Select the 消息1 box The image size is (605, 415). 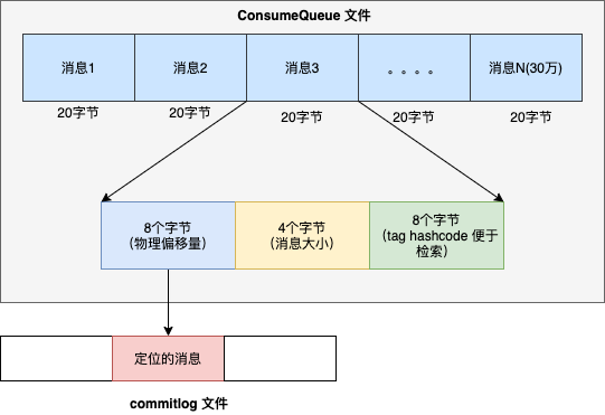[79, 68]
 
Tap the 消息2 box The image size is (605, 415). [191, 68]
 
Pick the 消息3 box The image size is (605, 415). [302, 68]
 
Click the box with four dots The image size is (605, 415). [414, 68]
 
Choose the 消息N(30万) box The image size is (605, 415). [526, 68]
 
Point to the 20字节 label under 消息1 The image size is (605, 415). [78, 113]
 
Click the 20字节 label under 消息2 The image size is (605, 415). [190, 113]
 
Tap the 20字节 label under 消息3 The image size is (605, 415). [302, 117]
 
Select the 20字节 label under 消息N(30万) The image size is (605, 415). [531, 117]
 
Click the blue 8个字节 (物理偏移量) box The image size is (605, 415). [168, 235]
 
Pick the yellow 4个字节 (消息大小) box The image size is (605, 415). [302, 235]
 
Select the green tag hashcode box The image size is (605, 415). [437, 235]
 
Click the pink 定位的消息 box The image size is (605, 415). [168, 358]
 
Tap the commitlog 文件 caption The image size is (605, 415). [178, 404]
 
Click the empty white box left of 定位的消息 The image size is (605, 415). [56, 358]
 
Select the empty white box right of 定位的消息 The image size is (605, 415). [280, 358]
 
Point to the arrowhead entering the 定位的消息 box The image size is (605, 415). [168, 332]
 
